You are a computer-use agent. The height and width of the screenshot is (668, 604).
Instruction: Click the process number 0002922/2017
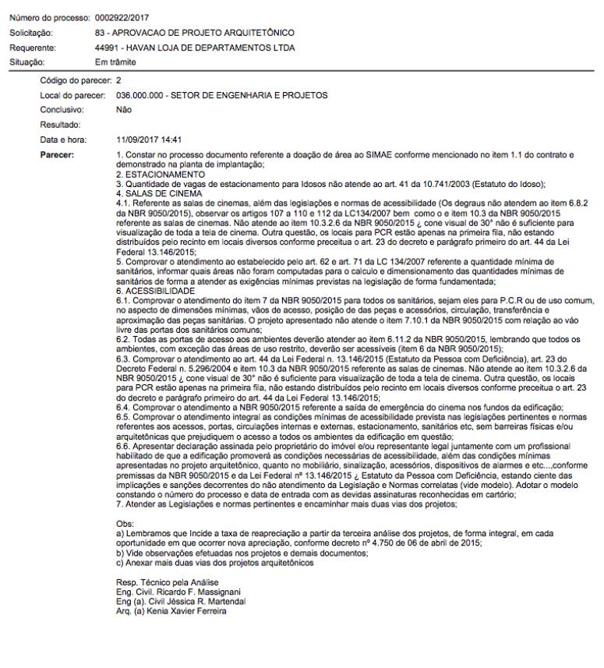122,17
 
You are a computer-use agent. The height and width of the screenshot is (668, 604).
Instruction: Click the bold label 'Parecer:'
57,155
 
